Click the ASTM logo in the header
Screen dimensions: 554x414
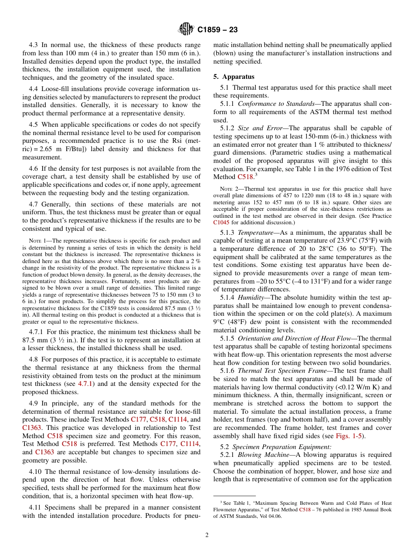pos(187,30)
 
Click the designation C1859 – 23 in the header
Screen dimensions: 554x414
pos(217,30)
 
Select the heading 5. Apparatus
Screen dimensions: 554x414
pos(234,77)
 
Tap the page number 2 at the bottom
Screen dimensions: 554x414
pos(207,535)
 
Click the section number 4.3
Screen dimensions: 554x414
pos(34,45)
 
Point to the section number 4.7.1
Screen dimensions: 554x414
pos(37,332)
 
